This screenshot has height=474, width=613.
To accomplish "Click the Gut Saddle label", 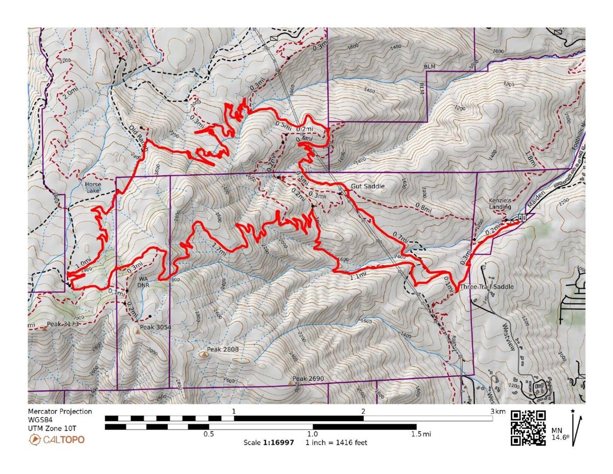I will click(367, 187).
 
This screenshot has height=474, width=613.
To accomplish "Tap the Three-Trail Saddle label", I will click(486, 287).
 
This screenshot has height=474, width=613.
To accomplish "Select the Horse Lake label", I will click(93, 188).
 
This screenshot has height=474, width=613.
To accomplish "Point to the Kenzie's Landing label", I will click(500, 204).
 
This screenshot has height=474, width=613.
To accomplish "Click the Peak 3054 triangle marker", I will click(137, 332).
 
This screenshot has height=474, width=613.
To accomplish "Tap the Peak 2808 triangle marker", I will click(203, 353).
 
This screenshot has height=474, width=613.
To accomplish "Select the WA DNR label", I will click(144, 282).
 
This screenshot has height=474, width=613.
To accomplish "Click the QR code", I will click(528, 427).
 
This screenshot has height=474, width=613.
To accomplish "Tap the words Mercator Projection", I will click(60, 411).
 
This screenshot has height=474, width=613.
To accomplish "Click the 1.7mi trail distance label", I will click(219, 251).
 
